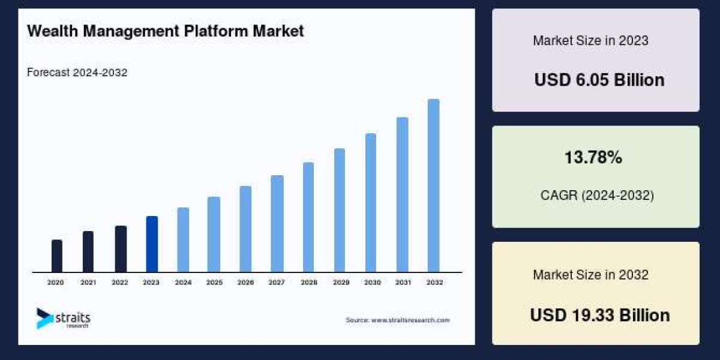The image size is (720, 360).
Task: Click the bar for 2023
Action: pyautogui.click(x=152, y=244)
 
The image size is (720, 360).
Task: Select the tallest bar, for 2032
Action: pyautogui.click(x=433, y=185)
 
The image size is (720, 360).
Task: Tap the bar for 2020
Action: pyautogui.click(x=57, y=256)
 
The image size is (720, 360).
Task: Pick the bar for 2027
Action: pyautogui.click(x=277, y=224)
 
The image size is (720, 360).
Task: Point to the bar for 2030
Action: pyautogui.click(x=371, y=203)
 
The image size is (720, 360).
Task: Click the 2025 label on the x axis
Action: pyautogui.click(x=214, y=282)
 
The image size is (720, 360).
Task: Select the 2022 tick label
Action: pyautogui.click(x=120, y=282)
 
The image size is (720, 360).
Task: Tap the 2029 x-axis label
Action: pyautogui.click(x=340, y=282)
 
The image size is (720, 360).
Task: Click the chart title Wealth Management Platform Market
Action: pyautogui.click(x=166, y=31)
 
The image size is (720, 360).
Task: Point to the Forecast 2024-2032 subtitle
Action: pyautogui.click(x=77, y=73)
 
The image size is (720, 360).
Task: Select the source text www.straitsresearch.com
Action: pyautogui.click(x=397, y=320)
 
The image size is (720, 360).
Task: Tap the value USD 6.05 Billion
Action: pyautogui.click(x=599, y=80)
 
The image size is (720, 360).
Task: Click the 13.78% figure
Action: pyautogui.click(x=593, y=158)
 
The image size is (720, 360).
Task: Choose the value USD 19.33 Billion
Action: pyautogui.click(x=599, y=315)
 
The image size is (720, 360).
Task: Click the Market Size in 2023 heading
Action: pyautogui.click(x=590, y=41)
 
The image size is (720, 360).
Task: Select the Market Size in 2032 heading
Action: pyautogui.click(x=590, y=275)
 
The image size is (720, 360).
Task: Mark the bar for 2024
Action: pyautogui.click(x=183, y=240)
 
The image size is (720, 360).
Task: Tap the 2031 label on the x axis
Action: pyautogui.click(x=402, y=282)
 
